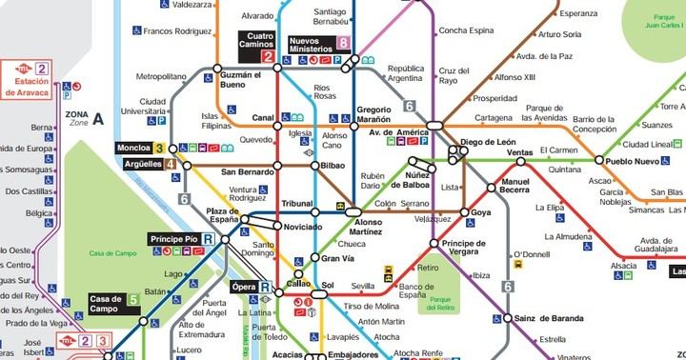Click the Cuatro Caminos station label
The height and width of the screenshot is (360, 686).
pyautogui.click(x=254, y=42)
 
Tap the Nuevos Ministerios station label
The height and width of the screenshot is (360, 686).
pyautogui.click(x=317, y=42)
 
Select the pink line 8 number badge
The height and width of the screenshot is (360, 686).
pyautogui.click(x=343, y=42)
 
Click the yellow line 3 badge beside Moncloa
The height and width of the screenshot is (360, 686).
pyautogui.click(x=159, y=149)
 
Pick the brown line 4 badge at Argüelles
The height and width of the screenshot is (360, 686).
pyautogui.click(x=170, y=164)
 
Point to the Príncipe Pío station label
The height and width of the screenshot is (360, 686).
pyautogui.click(x=174, y=238)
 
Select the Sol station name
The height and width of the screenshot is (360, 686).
pyautogui.click(x=329, y=285)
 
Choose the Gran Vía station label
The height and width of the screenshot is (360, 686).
pyautogui.click(x=336, y=258)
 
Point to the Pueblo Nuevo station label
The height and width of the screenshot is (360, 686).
pyautogui.click(x=632, y=162)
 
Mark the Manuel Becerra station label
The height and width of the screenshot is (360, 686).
pyautogui.click(x=514, y=186)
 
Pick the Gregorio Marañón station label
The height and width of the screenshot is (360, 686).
pyautogui.click(x=373, y=115)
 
